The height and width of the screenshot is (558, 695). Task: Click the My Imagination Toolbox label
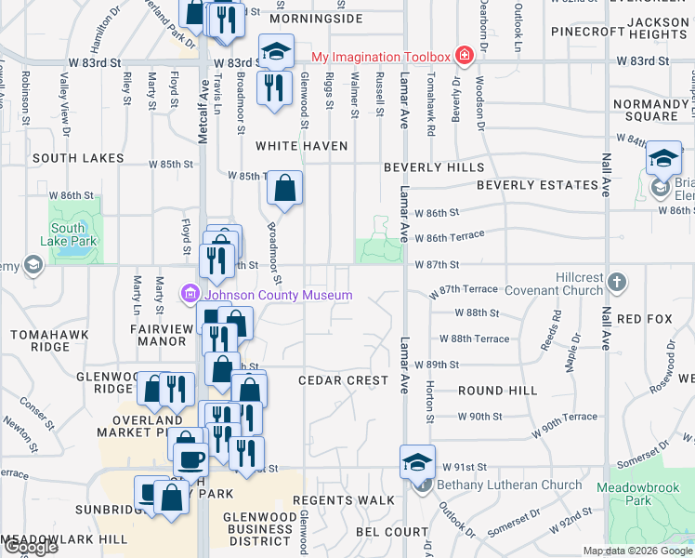pyautogui.click(x=380, y=57)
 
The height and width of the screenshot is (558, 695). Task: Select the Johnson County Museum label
pyautogui.click(x=279, y=296)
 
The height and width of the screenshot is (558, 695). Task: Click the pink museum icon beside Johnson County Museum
pyautogui.click(x=190, y=296)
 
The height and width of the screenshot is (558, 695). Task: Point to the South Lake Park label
pyautogui.click(x=69, y=234)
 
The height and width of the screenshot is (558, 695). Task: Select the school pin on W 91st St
pyautogui.click(x=417, y=461)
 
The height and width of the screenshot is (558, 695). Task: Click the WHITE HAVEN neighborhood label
pyautogui.click(x=302, y=146)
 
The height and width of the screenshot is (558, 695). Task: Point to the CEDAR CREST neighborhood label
pyautogui.click(x=343, y=380)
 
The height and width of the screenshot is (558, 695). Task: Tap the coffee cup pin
pyautogui.click(x=190, y=459)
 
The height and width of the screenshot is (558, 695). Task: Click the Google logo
pyautogui.click(x=30, y=547)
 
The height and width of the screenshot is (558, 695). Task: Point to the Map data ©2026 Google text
pyautogui.click(x=636, y=551)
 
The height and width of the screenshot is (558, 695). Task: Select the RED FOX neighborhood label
pyautogui.click(x=644, y=319)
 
